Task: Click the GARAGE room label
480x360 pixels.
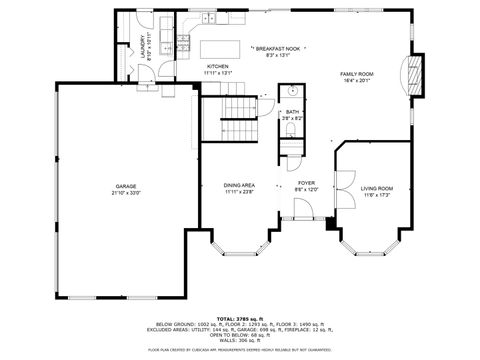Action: pos(125,187)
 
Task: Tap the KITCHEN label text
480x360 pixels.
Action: pos(218,66)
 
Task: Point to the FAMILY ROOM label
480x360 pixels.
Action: pos(356,74)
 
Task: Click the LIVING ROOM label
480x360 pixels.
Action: pos(376,188)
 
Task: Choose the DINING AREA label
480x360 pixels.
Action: pos(238,186)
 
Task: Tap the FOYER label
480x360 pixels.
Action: pos(307,183)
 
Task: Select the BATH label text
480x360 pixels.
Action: pos(292,112)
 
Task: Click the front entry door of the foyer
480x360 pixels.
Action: pos(304,208)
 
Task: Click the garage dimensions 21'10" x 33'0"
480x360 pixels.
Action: pos(125,193)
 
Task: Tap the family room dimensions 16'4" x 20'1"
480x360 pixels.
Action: pos(356,81)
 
